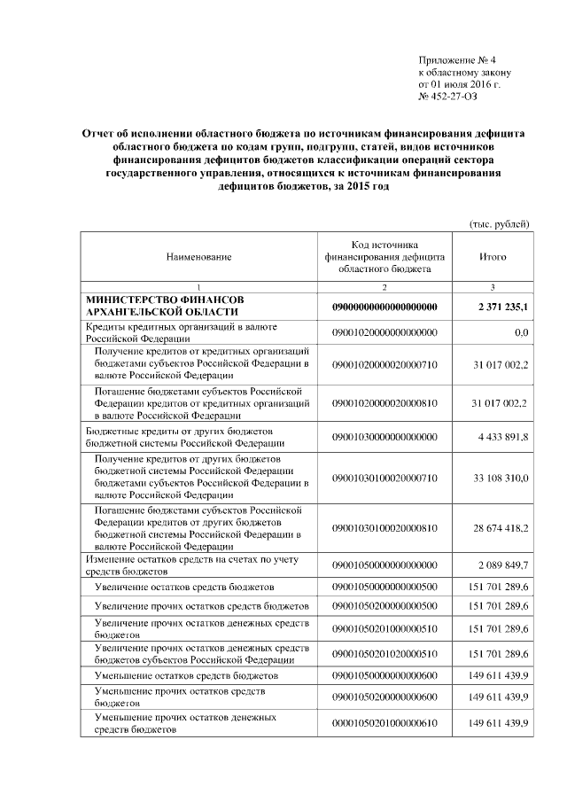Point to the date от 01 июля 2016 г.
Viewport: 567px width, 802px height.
(x=459, y=83)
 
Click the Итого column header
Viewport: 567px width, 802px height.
(x=492, y=256)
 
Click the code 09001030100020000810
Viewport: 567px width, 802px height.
(x=384, y=528)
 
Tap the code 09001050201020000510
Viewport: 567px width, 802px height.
(x=384, y=653)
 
